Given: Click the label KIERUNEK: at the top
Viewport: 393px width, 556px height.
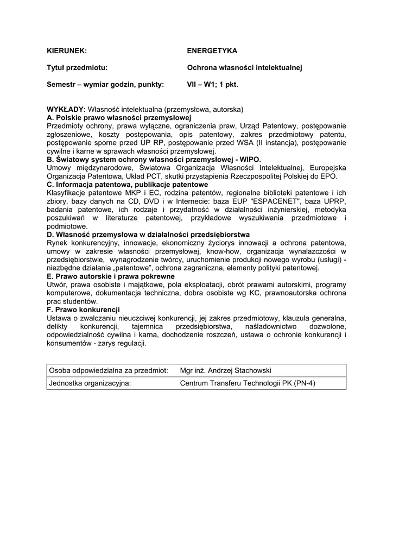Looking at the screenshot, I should [67, 50].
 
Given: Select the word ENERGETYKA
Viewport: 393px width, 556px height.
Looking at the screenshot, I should [212, 50].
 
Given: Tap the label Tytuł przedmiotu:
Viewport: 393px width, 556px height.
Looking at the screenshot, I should [77, 68].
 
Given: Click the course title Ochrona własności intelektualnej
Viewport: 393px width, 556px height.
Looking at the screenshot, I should [244, 68].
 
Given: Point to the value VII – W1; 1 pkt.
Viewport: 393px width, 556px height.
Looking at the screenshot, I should [213, 85].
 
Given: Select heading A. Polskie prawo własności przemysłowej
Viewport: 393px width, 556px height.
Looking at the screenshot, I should [120, 117].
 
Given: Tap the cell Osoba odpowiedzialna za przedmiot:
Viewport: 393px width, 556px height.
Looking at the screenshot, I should [107, 370].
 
